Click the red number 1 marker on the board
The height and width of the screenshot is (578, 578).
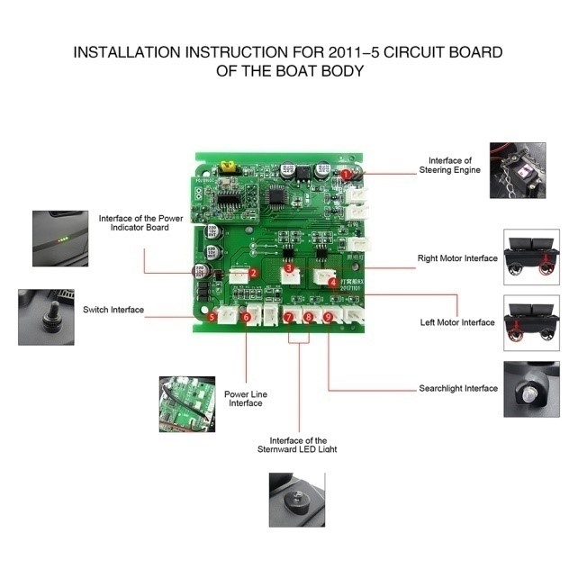pyautogui.click(x=347, y=174)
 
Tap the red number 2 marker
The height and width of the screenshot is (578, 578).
pyautogui.click(x=254, y=273)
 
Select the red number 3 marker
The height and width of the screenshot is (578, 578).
pyautogui.click(x=288, y=268)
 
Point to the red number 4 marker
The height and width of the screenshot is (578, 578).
pyautogui.click(x=332, y=282)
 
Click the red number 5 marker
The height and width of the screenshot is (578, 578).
pyautogui.click(x=212, y=317)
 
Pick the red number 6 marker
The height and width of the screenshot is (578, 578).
pyautogui.click(x=246, y=317)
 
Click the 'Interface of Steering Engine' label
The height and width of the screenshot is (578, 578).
pyautogui.click(x=449, y=165)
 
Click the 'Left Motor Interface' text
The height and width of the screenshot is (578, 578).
pyautogui.click(x=457, y=322)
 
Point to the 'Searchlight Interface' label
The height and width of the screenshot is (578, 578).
pyautogui.click(x=457, y=388)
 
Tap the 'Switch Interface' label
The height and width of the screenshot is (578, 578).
pyautogui.click(x=113, y=310)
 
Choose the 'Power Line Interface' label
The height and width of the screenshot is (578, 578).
pyautogui.click(x=246, y=398)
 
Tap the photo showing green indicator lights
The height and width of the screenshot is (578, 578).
pyautogui.click(x=60, y=238)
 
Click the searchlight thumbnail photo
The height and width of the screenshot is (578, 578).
pyautogui.click(x=530, y=388)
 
